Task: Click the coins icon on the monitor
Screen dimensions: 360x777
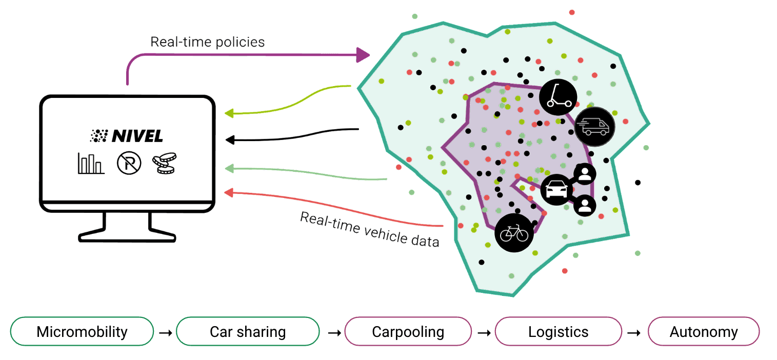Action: (x=163, y=164)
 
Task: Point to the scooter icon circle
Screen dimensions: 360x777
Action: (x=558, y=96)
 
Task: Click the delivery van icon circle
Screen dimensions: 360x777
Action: (x=594, y=126)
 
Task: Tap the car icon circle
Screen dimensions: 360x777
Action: (x=556, y=190)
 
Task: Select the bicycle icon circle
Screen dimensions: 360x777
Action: (x=514, y=233)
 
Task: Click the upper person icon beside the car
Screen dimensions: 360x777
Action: (x=584, y=174)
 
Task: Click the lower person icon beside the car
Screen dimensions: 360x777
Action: (x=584, y=206)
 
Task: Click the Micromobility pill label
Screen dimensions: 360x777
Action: (x=82, y=332)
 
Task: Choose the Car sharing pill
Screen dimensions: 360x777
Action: (x=248, y=332)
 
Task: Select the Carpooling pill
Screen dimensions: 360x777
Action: (x=408, y=332)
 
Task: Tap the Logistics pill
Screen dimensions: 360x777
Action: (x=558, y=332)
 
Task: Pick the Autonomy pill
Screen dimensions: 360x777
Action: (x=703, y=332)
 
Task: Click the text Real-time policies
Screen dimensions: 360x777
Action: (x=207, y=42)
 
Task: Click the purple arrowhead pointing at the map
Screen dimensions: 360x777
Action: (x=363, y=54)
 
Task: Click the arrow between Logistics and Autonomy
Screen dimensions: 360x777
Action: (x=634, y=332)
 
